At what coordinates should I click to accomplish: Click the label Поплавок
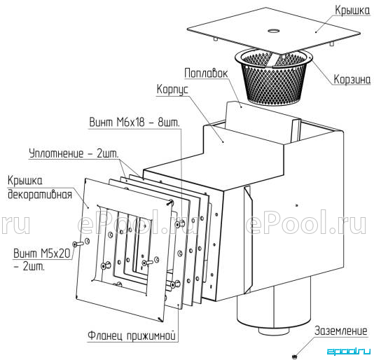pos(206,73)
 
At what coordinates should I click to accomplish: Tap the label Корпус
pos(172,90)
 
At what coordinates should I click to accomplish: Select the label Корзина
pos(352,79)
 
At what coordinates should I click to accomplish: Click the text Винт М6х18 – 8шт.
pos(134,123)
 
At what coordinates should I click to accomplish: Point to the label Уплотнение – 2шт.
pos(74,153)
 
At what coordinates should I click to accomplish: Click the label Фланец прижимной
pos(132,336)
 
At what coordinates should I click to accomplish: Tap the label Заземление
pos(341,331)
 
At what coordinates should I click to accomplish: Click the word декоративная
pos(40,195)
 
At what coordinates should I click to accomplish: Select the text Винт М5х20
pos(42,253)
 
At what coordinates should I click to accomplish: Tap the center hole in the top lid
pos(274,31)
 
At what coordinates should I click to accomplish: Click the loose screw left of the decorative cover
pos(78,244)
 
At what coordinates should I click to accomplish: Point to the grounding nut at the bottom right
pos(295,357)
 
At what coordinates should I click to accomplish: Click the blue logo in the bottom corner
pos(348,351)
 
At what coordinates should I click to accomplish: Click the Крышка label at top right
pos(352,11)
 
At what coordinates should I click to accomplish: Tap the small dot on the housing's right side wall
pos(297,205)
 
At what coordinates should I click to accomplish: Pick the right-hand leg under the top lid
pos(331,44)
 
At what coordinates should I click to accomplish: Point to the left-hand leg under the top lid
pos(216,39)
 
